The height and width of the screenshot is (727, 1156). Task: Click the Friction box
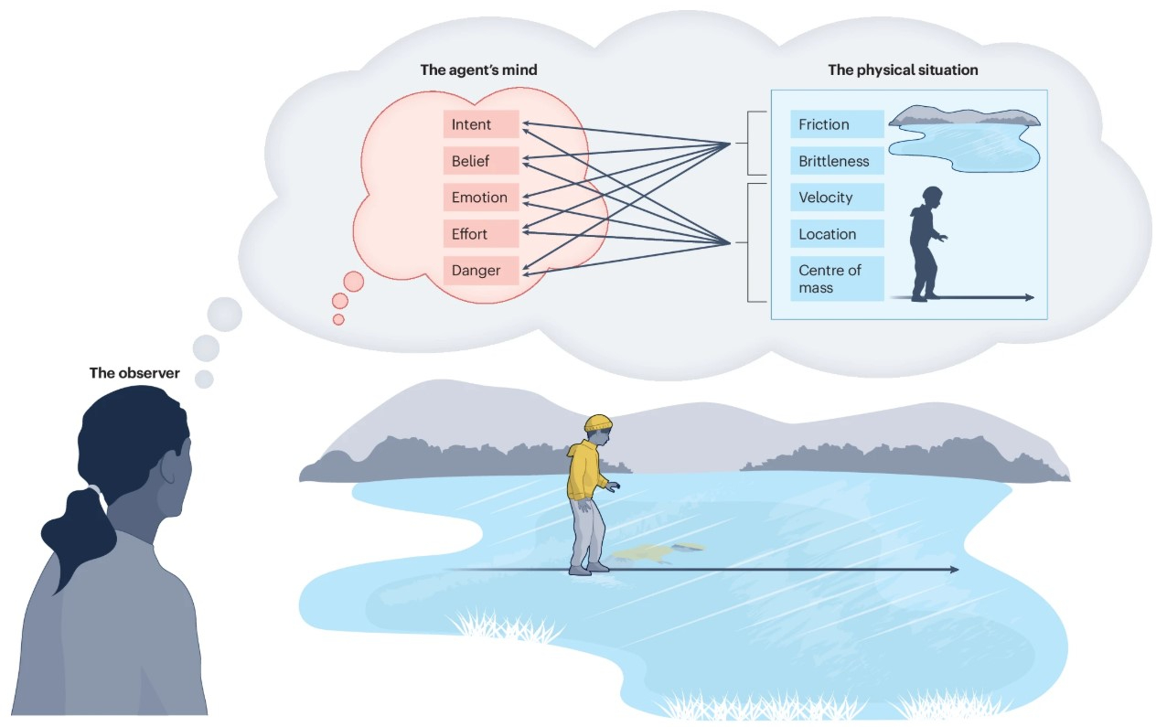[837, 124]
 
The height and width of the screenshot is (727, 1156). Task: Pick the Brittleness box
[837, 161]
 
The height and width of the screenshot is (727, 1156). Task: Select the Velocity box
[837, 198]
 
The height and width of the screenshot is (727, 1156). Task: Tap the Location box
[837, 234]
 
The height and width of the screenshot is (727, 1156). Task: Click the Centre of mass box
[837, 279]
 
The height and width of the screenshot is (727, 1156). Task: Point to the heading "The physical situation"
[903, 69]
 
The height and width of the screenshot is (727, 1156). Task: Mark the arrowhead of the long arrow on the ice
[953, 570]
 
